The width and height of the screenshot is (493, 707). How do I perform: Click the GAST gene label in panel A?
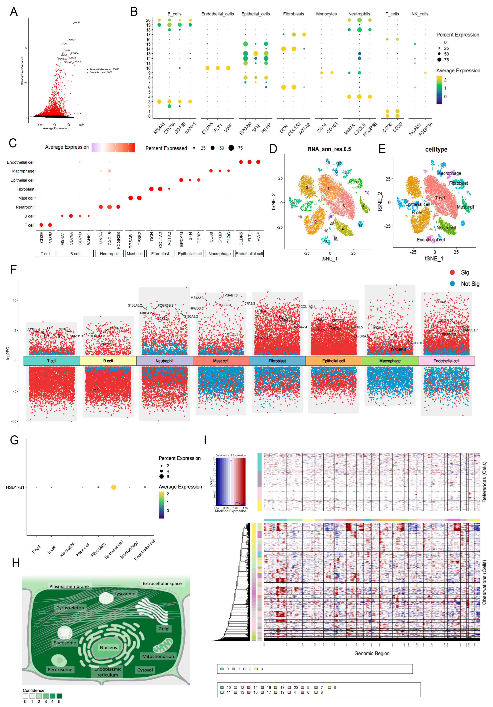point(77,22)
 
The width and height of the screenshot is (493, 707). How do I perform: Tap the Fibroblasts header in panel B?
point(293,14)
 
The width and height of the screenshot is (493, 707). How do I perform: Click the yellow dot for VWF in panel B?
point(228,68)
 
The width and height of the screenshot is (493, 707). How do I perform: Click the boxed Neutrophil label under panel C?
point(109,254)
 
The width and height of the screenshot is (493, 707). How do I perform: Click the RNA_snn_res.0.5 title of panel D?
point(329,149)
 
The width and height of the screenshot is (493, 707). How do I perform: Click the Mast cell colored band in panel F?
point(221,361)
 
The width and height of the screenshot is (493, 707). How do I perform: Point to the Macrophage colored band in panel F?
point(390,361)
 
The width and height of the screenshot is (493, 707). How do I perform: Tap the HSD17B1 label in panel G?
point(15,487)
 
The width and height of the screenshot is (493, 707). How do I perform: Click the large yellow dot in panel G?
point(114,487)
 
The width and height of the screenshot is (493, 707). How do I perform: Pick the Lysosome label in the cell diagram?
point(125,594)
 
